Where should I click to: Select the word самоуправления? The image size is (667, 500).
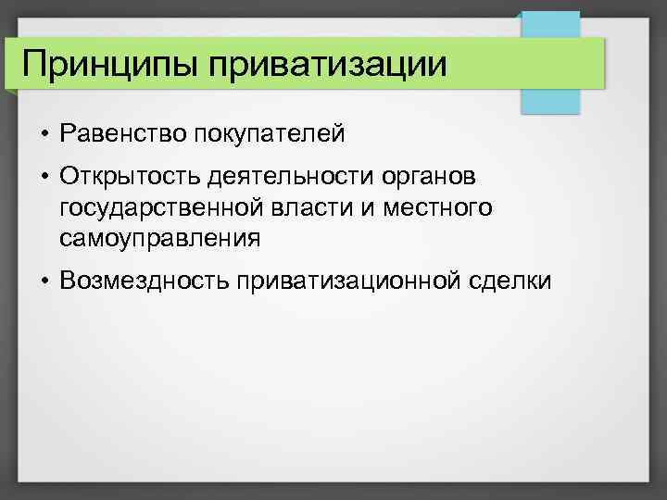[x=159, y=239]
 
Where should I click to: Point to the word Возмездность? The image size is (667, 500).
[x=144, y=280]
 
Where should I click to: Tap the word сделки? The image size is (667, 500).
[x=515, y=280]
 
